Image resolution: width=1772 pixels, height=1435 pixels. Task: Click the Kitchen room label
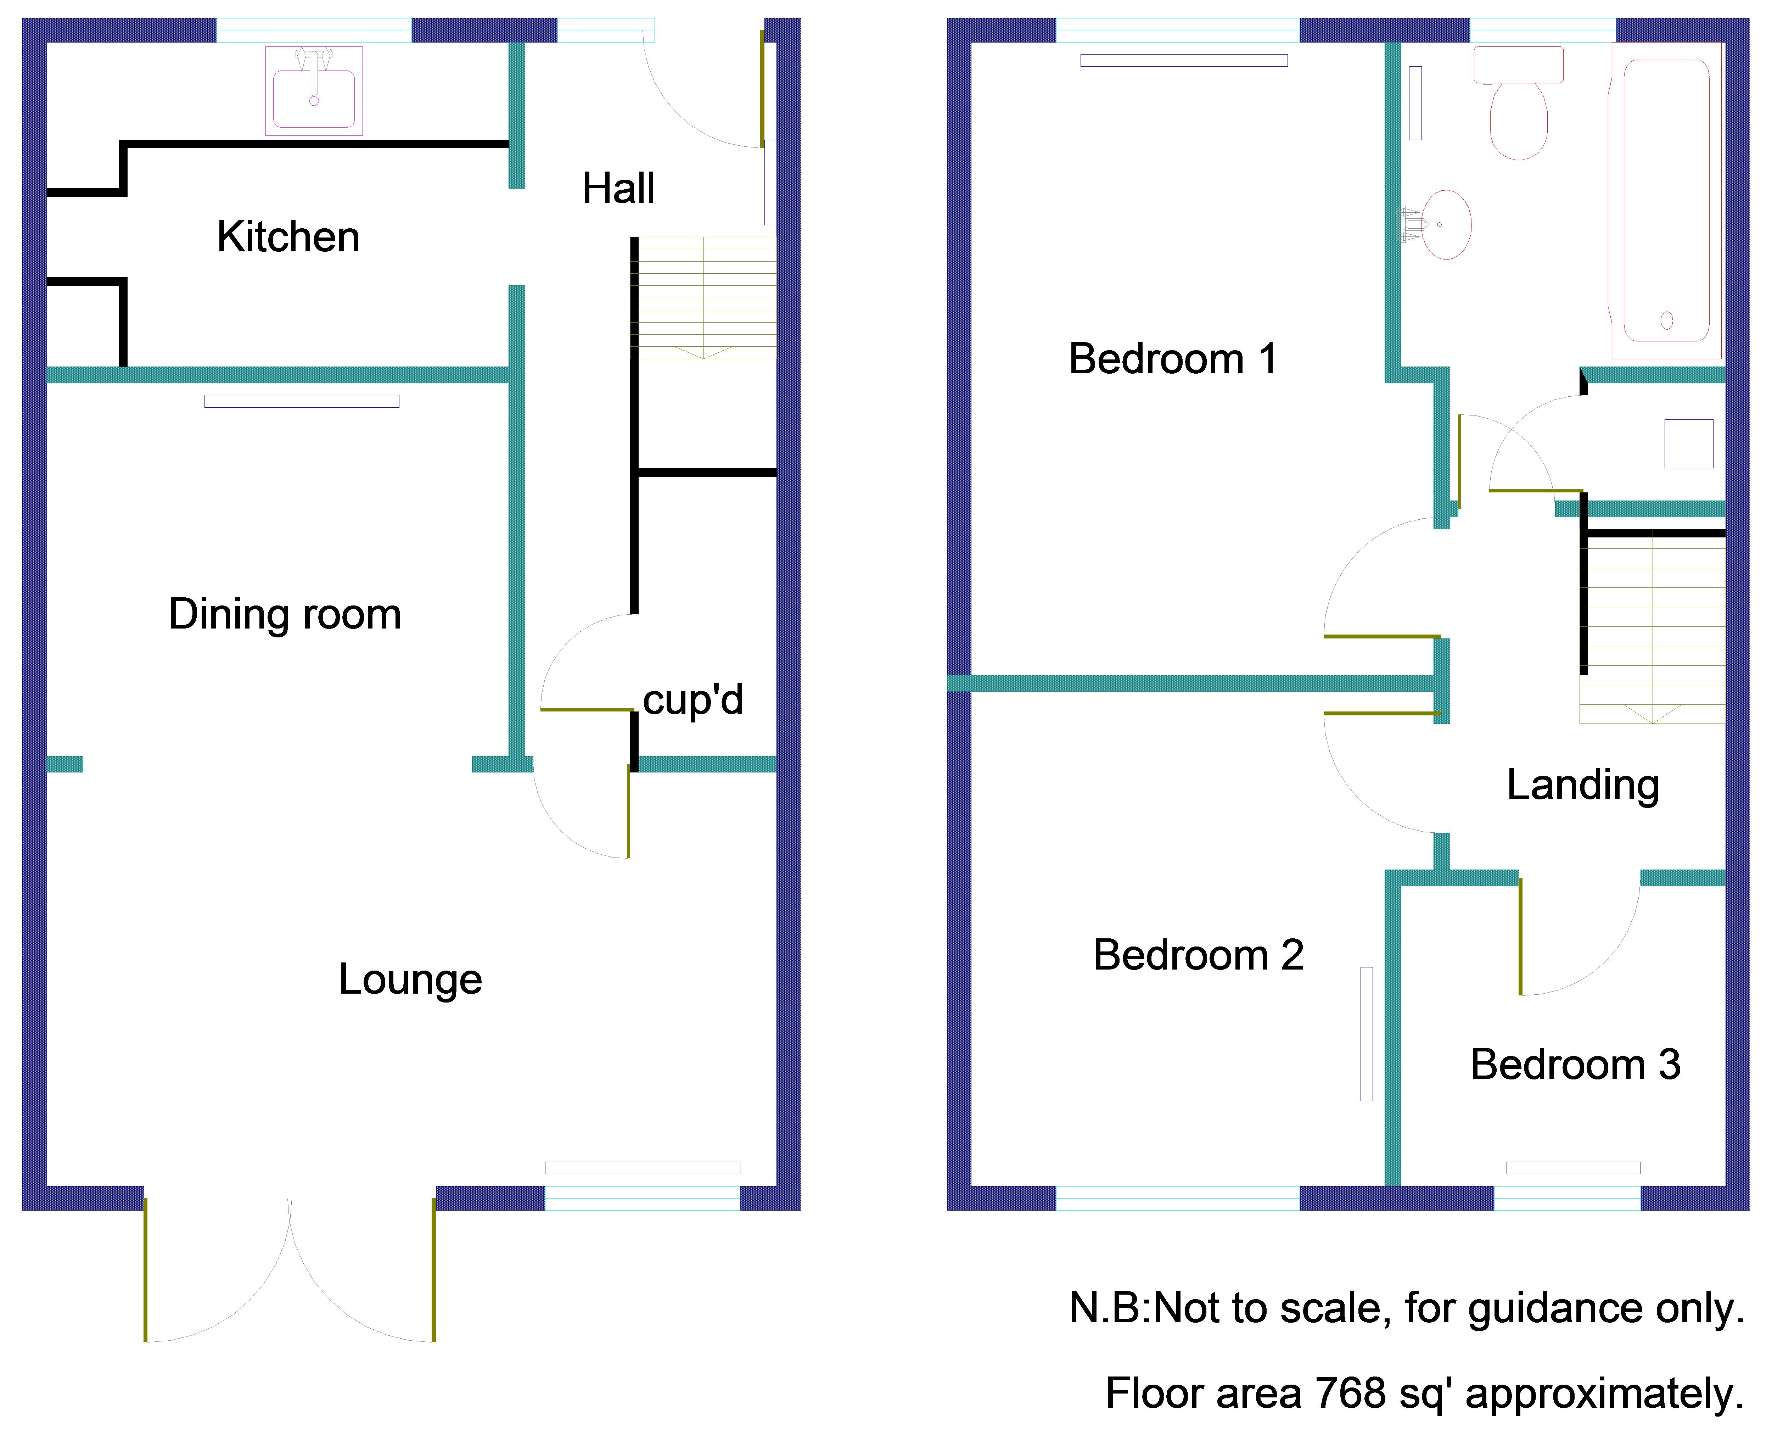click(x=288, y=237)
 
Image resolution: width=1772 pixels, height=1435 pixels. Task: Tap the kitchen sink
click(x=314, y=91)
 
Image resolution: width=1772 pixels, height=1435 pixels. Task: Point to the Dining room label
click(x=285, y=614)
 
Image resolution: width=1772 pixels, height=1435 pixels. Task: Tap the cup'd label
click(x=692, y=700)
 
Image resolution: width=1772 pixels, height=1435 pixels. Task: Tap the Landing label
click(x=1583, y=785)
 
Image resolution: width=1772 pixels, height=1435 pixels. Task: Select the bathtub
click(x=1666, y=201)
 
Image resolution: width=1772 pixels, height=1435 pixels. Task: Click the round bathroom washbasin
click(x=1442, y=225)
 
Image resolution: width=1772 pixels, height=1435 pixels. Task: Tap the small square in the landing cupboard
click(x=1688, y=444)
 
